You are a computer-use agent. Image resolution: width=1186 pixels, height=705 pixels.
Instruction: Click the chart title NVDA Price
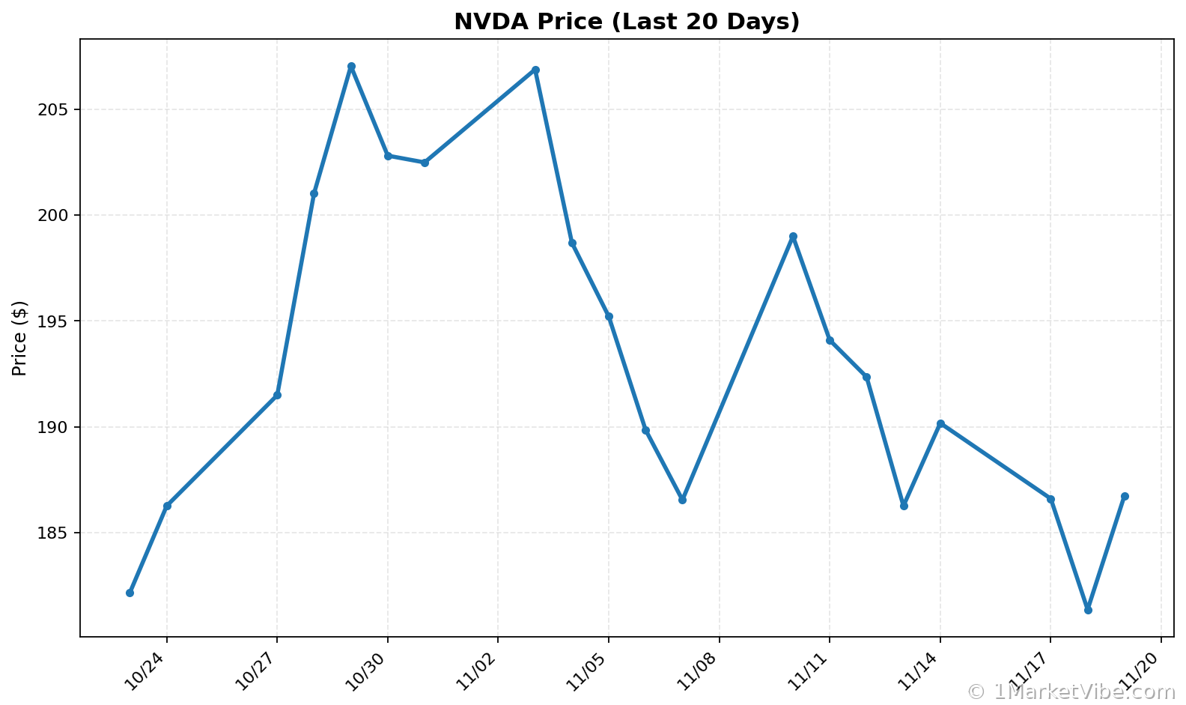(x=627, y=22)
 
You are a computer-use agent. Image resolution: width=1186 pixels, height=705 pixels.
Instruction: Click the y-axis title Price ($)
(x=20, y=338)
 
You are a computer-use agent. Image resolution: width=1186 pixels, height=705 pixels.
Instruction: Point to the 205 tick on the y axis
(x=55, y=109)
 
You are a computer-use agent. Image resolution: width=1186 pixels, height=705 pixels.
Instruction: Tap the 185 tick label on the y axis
(x=55, y=533)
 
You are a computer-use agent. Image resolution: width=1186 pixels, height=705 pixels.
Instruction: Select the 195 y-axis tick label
(x=55, y=321)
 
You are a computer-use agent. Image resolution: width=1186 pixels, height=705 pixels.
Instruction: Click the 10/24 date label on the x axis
(x=146, y=669)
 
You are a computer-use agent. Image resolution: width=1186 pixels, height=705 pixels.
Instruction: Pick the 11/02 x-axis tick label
(x=478, y=669)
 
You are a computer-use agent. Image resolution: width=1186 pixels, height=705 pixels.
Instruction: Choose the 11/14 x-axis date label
(x=919, y=669)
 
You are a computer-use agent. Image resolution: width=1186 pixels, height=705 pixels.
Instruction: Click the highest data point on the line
(x=351, y=67)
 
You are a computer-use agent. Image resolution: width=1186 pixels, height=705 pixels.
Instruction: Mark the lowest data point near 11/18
(x=1088, y=610)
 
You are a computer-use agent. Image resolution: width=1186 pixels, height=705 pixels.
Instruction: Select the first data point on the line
(x=130, y=593)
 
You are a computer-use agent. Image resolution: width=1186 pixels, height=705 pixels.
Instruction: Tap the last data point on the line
(x=1125, y=496)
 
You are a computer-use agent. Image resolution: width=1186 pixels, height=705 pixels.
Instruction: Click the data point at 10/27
(x=277, y=395)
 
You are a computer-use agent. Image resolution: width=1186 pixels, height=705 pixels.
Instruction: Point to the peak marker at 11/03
(x=535, y=70)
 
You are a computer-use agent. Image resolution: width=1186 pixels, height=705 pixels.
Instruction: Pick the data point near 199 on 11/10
(x=793, y=236)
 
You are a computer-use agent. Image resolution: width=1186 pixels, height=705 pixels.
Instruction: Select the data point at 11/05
(x=609, y=316)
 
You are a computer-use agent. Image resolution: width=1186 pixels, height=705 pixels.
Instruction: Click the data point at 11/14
(x=940, y=423)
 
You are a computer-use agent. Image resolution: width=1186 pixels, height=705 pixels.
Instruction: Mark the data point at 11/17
(x=1050, y=499)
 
